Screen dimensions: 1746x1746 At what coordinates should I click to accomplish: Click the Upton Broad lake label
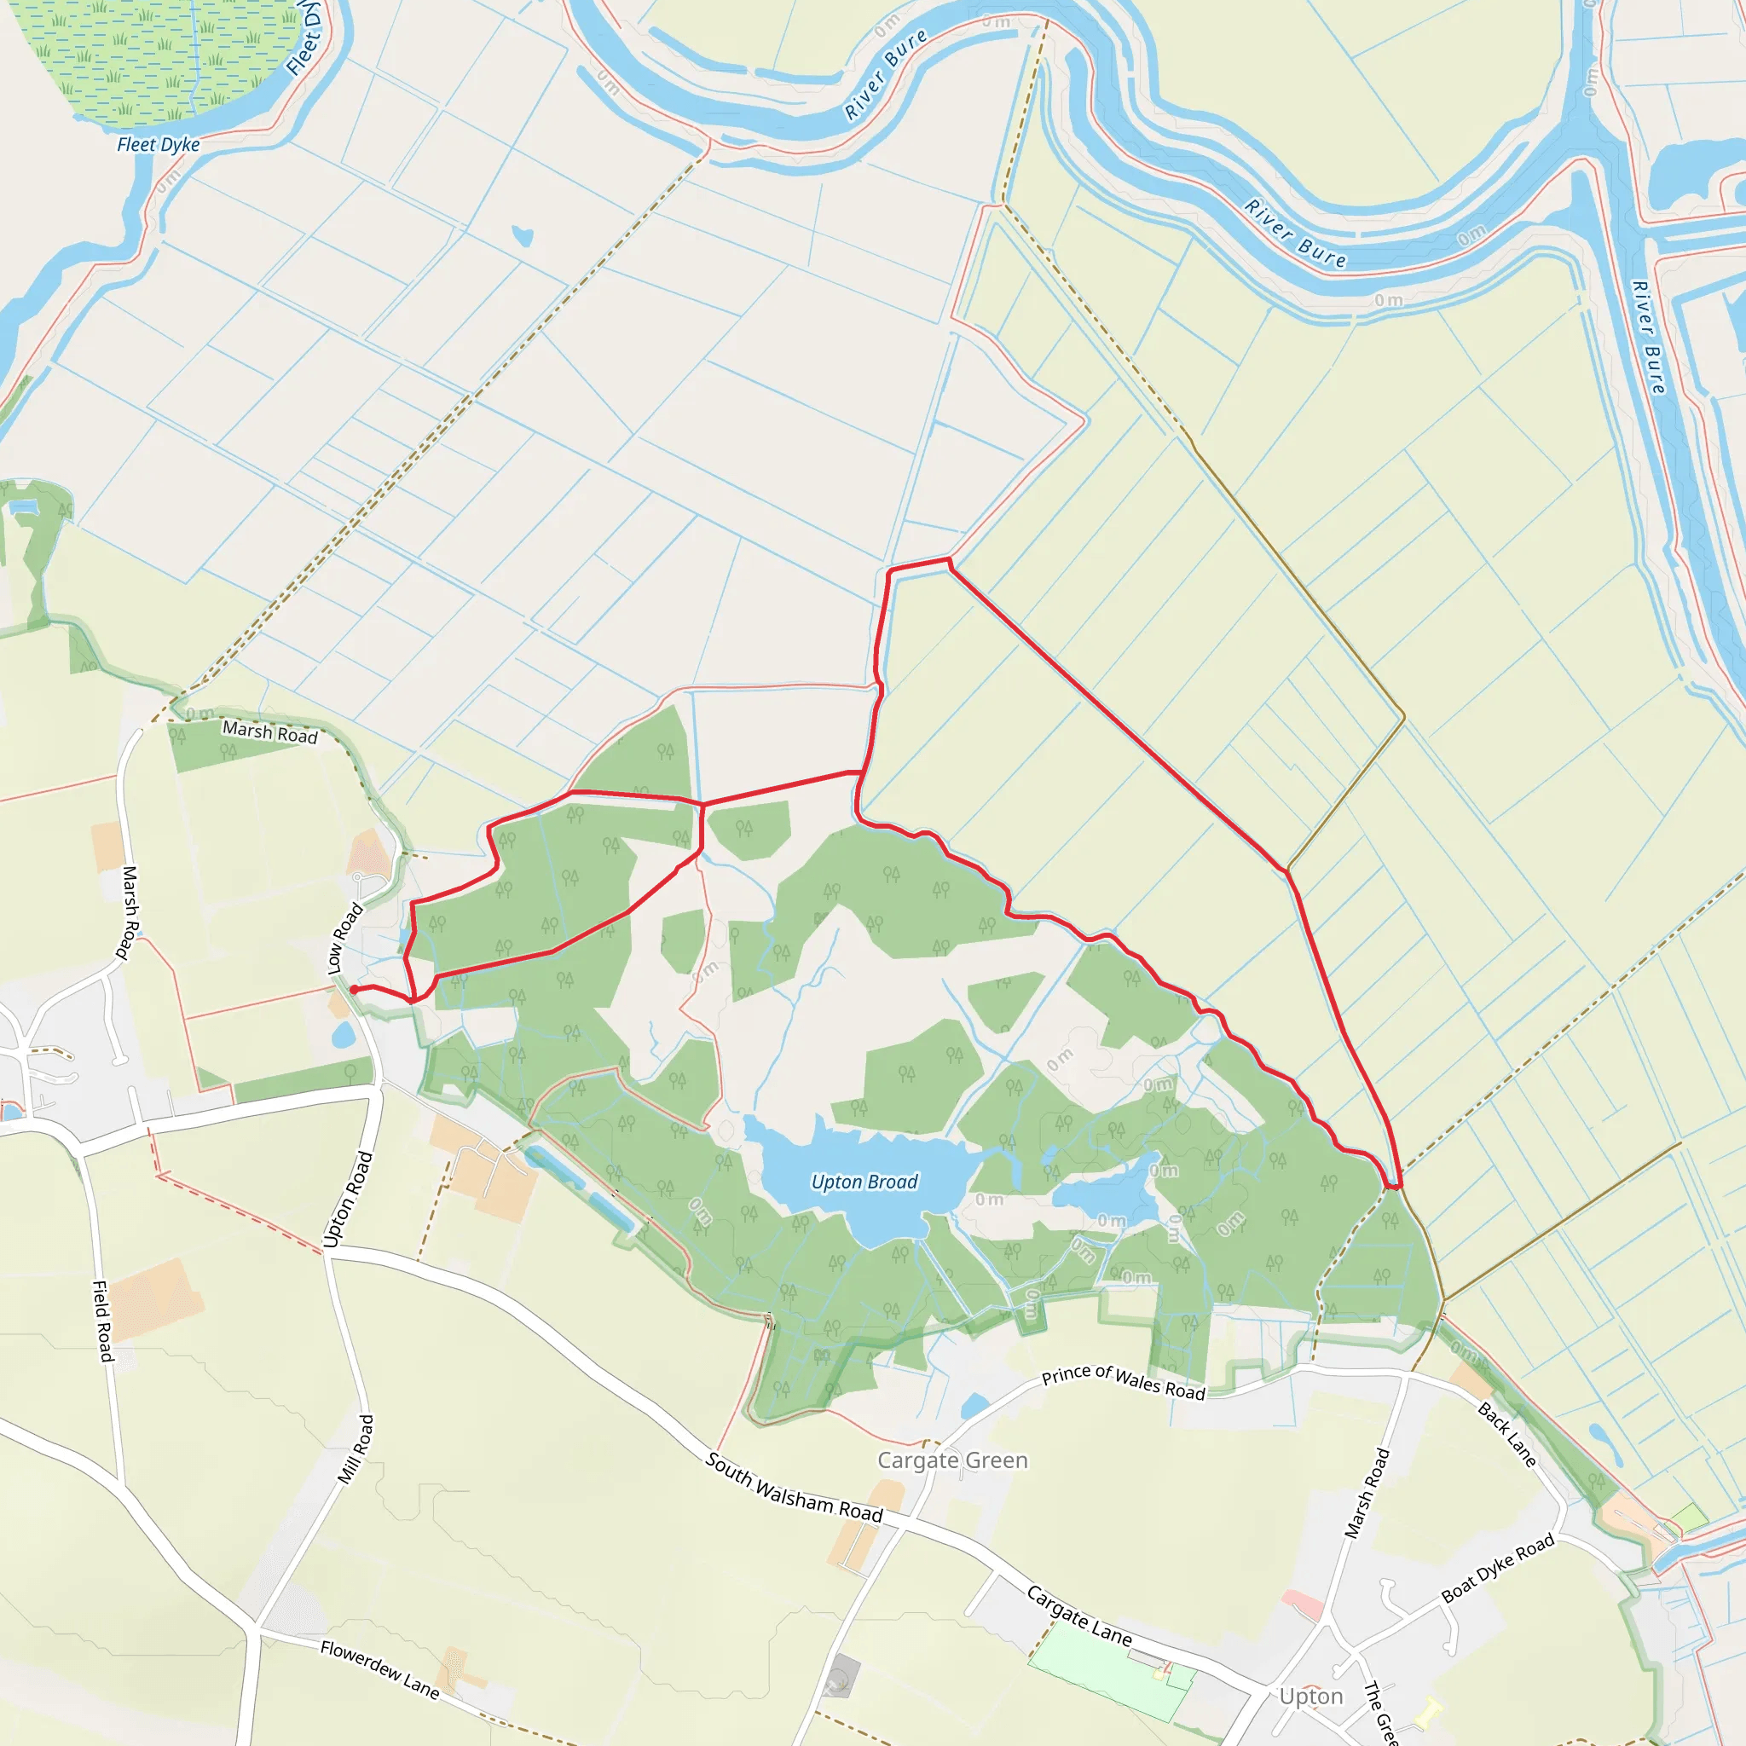[x=864, y=1182]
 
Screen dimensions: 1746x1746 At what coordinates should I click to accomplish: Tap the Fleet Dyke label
[x=159, y=145]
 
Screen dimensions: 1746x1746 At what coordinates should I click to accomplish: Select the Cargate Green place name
[x=952, y=1460]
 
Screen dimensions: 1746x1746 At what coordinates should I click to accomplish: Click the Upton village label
[x=1310, y=1697]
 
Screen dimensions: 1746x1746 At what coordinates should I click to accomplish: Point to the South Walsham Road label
[x=794, y=1487]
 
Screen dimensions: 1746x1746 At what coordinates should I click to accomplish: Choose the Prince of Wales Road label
[x=1124, y=1382]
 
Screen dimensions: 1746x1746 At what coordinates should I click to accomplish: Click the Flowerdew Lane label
[x=379, y=1669]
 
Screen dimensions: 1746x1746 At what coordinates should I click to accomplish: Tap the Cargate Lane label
[x=1079, y=1616]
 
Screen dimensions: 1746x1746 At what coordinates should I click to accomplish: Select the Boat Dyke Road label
[x=1497, y=1568]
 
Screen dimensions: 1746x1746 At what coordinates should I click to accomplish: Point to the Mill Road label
[x=356, y=1448]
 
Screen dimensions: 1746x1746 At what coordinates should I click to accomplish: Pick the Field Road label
[x=103, y=1321]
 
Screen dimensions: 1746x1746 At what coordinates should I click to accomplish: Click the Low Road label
[x=344, y=938]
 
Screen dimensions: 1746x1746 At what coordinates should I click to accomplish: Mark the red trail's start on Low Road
[x=353, y=990]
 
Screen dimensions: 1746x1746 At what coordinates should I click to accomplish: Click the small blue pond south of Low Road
[x=344, y=1035]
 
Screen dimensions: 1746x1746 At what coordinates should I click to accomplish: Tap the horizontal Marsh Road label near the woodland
[x=270, y=732]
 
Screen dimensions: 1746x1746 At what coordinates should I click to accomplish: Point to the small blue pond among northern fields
[x=523, y=237]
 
